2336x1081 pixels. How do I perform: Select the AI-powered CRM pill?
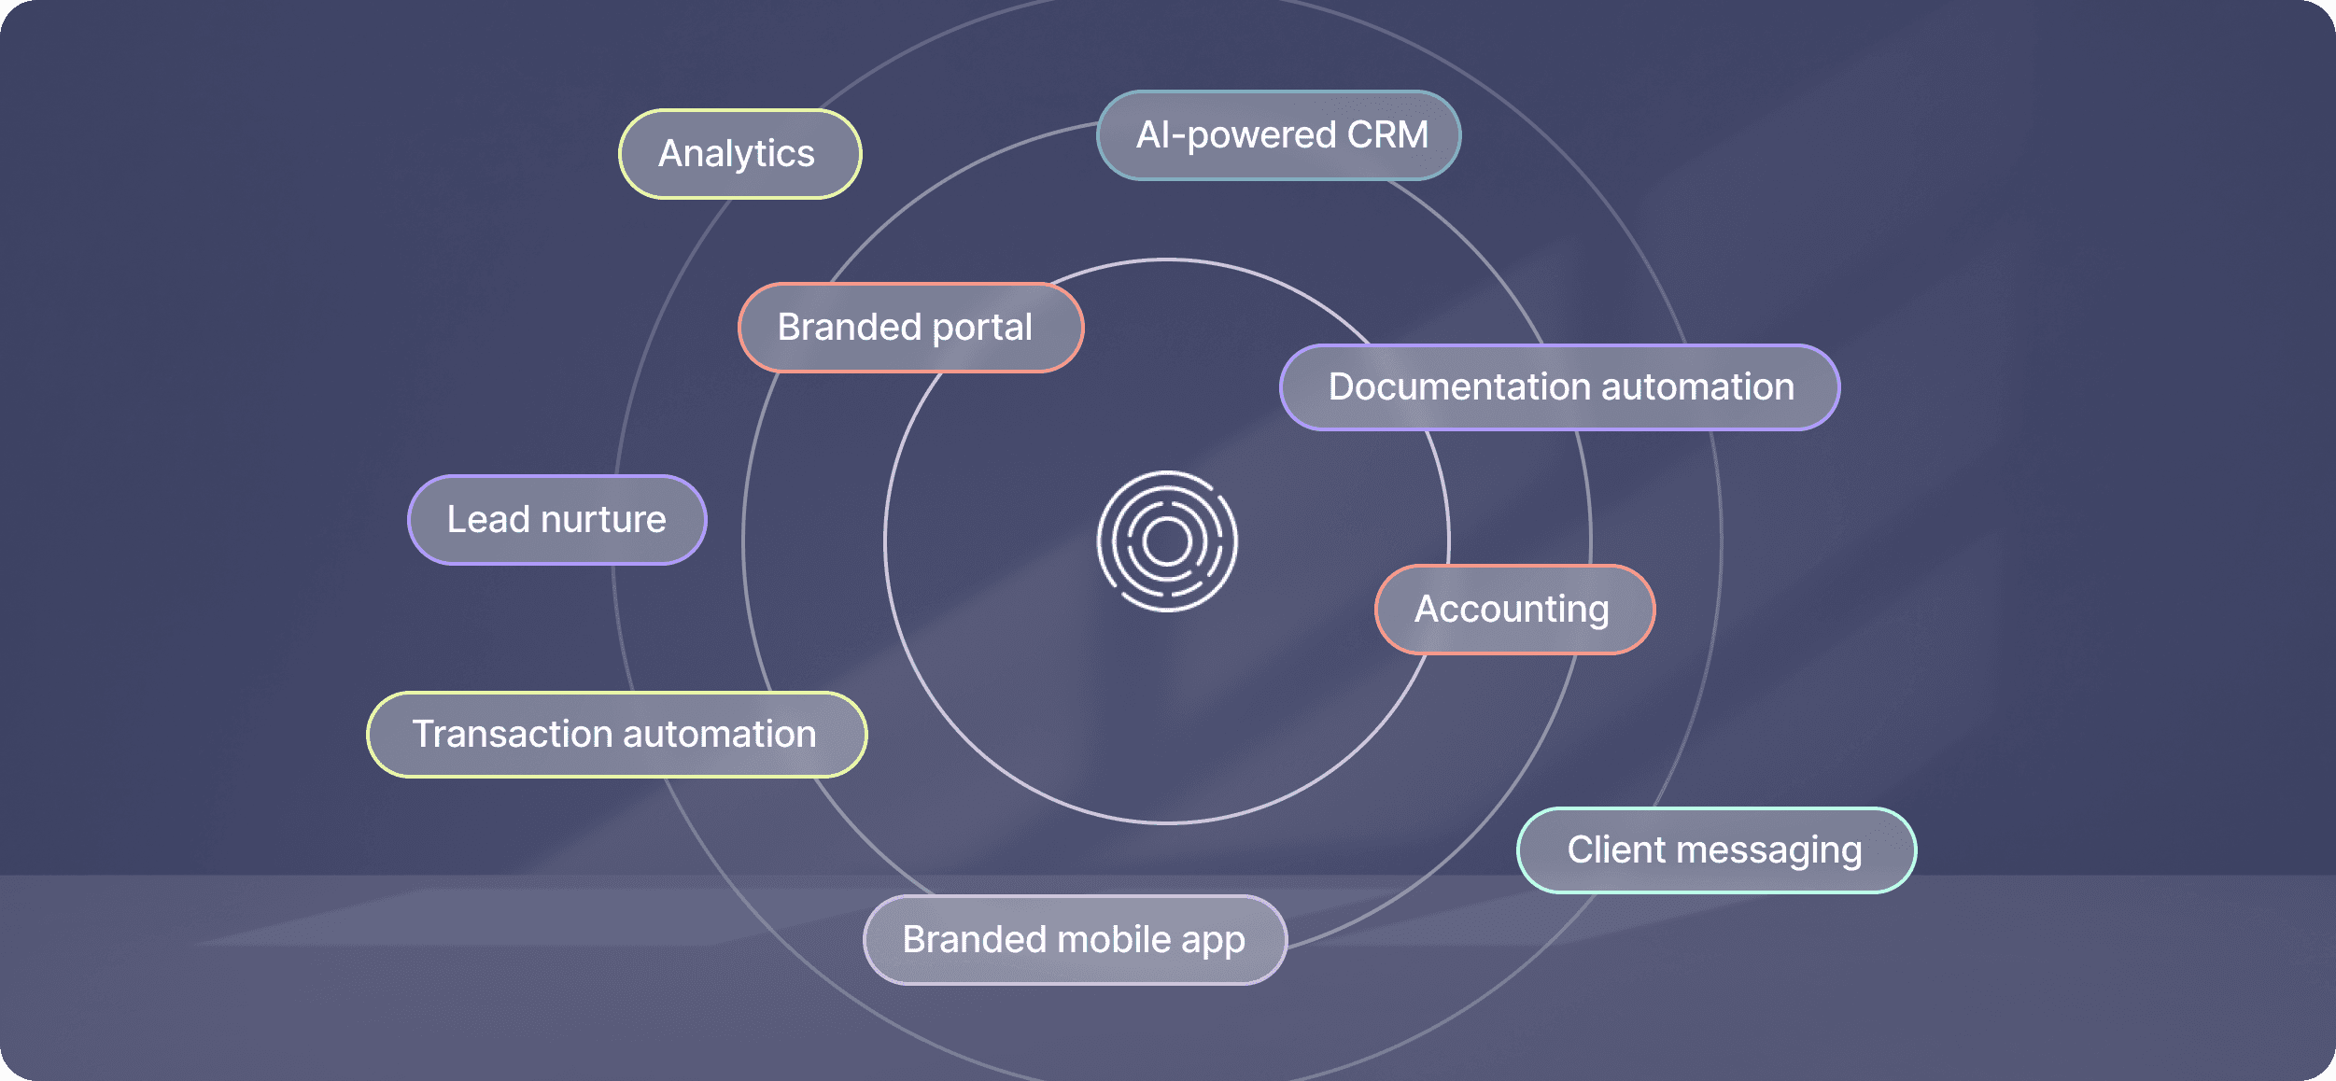(1278, 135)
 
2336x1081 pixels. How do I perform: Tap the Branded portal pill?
(910, 328)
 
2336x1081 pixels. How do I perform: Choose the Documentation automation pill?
(1559, 387)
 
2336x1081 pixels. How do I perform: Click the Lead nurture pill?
(556, 520)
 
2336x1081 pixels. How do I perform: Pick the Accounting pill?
(1513, 610)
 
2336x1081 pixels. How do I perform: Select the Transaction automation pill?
(616, 735)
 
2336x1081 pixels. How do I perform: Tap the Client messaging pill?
(1716, 850)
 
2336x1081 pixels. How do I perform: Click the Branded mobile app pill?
(1075, 940)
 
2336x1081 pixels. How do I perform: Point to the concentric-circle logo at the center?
(1167, 541)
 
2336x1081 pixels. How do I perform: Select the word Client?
(1616, 850)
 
